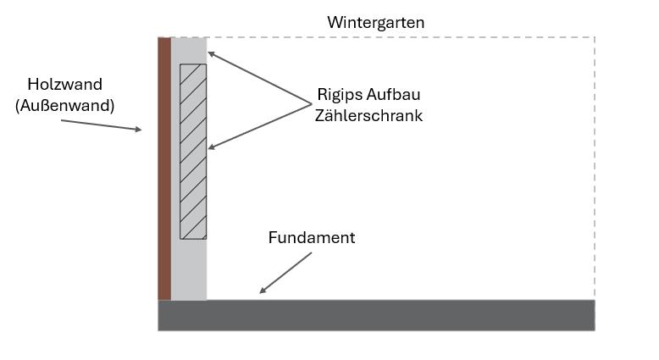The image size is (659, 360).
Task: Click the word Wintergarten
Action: click(375, 22)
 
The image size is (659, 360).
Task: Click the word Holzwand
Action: click(64, 84)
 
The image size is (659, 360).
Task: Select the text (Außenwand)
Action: click(64, 105)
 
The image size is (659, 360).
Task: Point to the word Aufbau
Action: click(396, 94)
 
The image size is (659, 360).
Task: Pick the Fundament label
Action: click(311, 237)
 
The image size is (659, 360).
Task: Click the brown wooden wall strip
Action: click(164, 169)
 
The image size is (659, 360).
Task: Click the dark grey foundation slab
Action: click(376, 314)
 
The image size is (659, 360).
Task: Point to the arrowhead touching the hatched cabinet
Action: click(211, 148)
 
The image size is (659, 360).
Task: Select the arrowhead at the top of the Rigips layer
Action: click(211, 54)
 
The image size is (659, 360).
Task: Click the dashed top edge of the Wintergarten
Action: click(398, 37)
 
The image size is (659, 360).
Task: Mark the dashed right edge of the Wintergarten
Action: click(594, 169)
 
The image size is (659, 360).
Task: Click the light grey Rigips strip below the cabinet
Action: click(189, 269)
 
